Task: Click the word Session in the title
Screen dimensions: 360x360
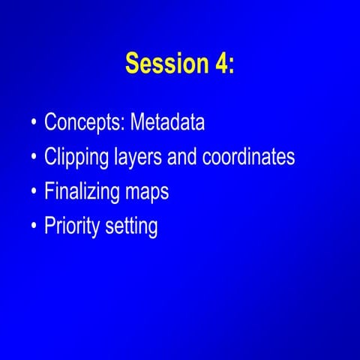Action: point(162,64)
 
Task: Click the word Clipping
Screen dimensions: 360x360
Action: point(76,157)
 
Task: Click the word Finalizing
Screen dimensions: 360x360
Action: point(80,192)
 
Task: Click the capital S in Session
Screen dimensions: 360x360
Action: point(133,64)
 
